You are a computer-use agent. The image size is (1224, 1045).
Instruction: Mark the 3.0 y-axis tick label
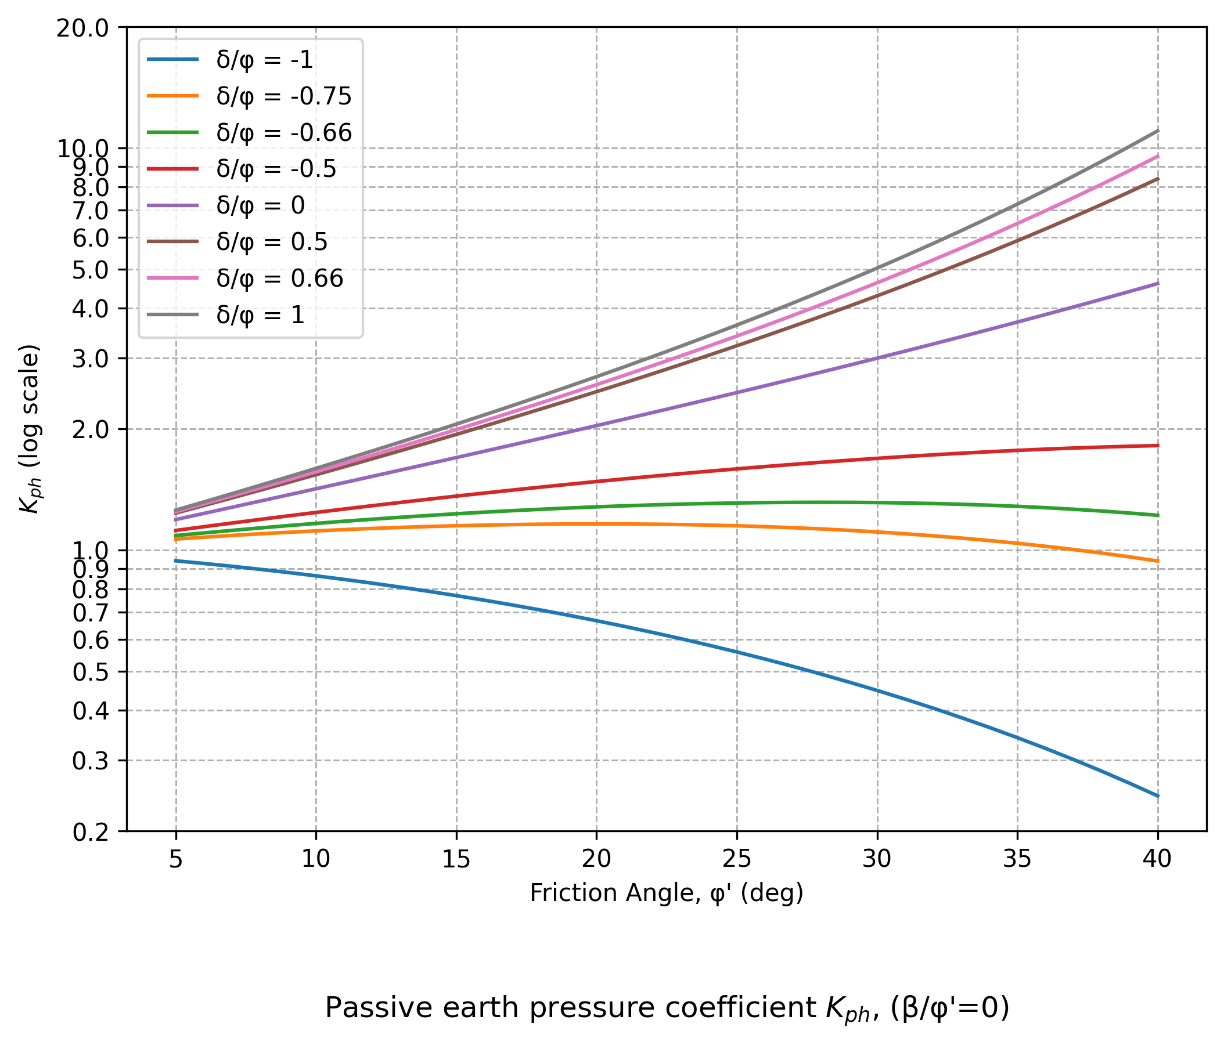[x=91, y=359]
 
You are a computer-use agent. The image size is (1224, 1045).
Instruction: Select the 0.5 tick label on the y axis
[x=91, y=672]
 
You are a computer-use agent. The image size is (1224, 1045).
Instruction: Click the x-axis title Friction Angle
[x=667, y=893]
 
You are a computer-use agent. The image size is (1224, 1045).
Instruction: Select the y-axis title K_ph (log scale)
[x=30, y=429]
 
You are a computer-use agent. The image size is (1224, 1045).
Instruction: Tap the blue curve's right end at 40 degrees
[x=1157, y=796]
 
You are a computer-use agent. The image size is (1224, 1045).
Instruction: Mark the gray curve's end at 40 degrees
[x=1157, y=131]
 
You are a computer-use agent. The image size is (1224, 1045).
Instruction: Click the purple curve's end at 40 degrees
[x=1157, y=283]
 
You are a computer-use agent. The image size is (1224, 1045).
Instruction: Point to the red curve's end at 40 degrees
[x=1157, y=446]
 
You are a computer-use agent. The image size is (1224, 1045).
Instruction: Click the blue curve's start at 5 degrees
[x=175, y=561]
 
